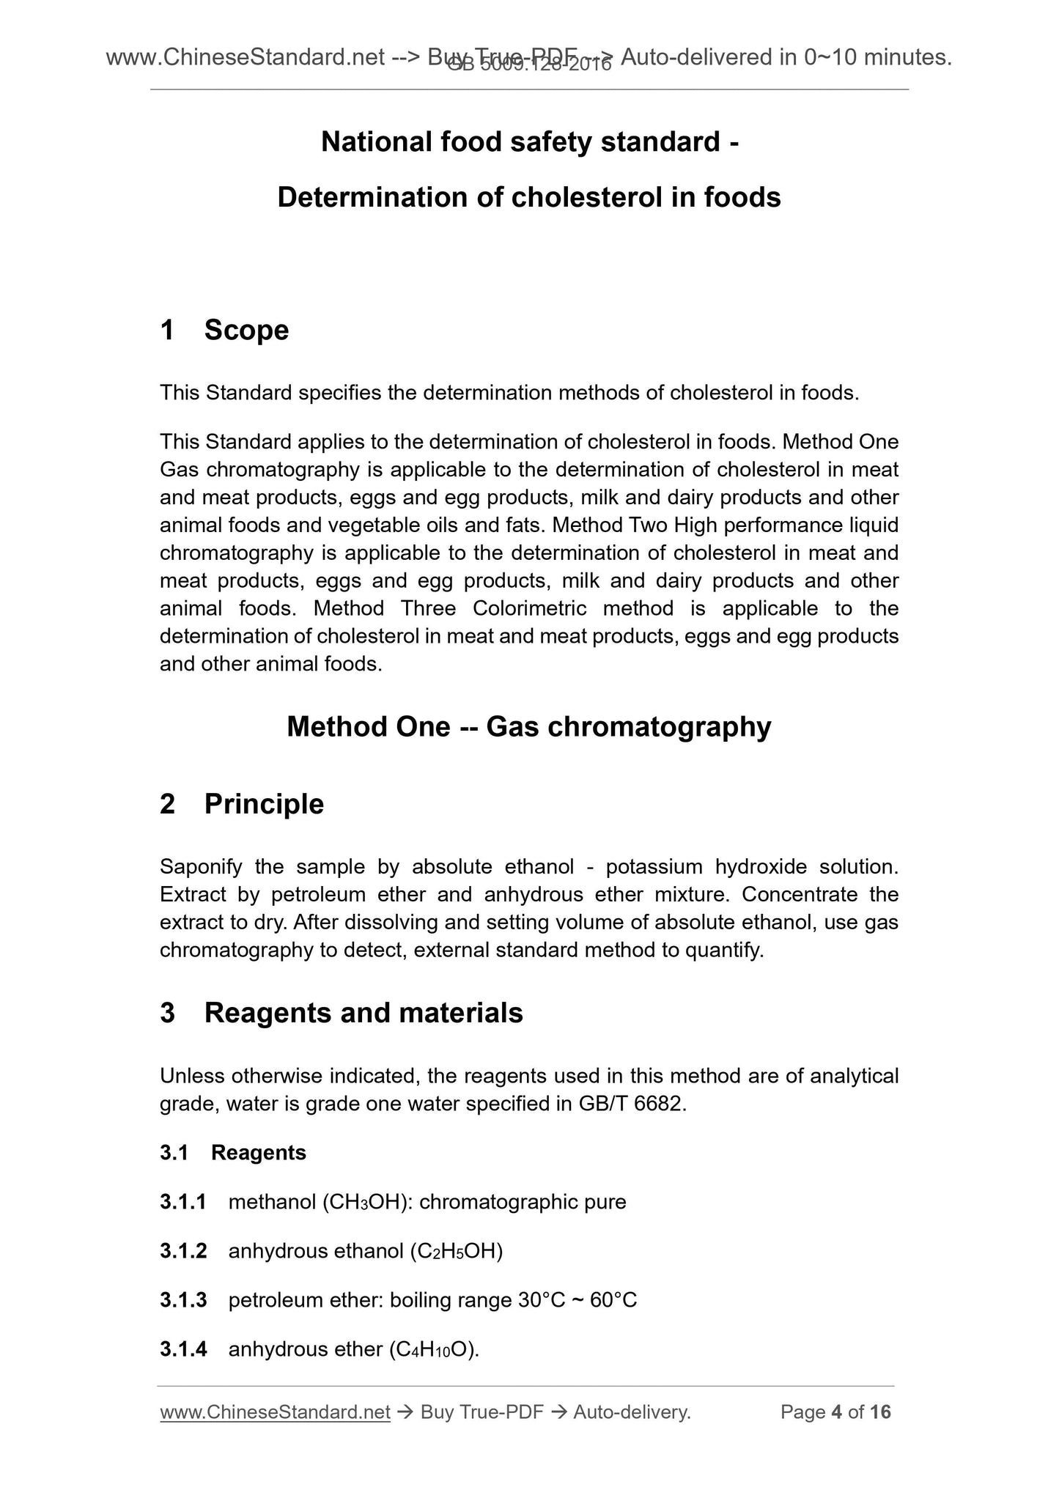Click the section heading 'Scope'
tap(246, 331)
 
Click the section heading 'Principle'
tap(264, 804)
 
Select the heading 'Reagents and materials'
tap(364, 1013)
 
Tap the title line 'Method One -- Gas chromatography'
tap(528, 726)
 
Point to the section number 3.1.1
tap(182, 1202)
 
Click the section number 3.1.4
tap(182, 1349)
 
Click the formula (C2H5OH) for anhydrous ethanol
tap(456, 1251)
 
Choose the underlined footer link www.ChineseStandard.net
tap(274, 1412)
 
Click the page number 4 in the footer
tap(836, 1412)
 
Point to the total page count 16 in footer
tap(879, 1412)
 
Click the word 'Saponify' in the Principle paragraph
tap(200, 867)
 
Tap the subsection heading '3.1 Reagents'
tap(233, 1153)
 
